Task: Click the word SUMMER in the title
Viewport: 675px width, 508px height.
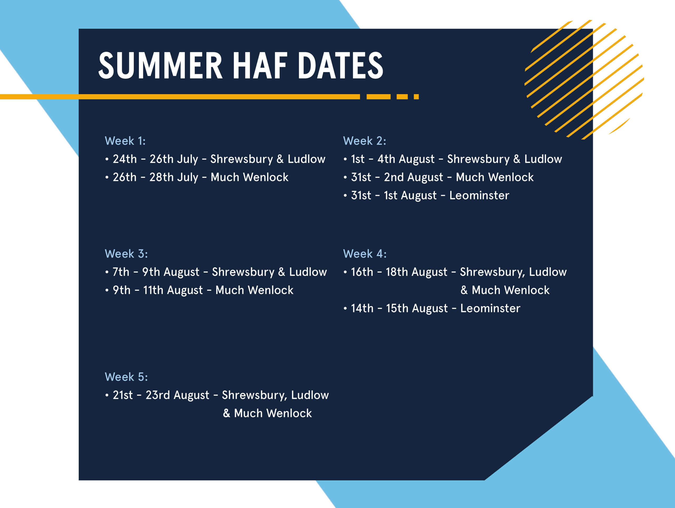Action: click(x=161, y=65)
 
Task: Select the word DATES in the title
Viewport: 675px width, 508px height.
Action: click(x=340, y=65)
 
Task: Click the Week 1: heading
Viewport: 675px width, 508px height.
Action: click(x=125, y=141)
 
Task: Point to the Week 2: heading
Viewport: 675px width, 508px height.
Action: click(x=365, y=141)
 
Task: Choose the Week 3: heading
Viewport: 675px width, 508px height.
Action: click(x=126, y=254)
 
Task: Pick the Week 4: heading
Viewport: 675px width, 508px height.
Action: click(x=365, y=254)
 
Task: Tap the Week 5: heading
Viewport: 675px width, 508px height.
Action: click(x=126, y=377)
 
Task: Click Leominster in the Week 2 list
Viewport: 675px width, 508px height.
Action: click(x=479, y=195)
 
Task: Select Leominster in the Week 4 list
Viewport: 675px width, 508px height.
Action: click(x=490, y=308)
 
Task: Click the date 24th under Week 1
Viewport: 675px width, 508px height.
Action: click(x=125, y=159)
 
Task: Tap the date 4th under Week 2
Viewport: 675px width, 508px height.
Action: click(x=386, y=159)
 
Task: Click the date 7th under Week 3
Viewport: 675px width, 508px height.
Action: click(x=121, y=272)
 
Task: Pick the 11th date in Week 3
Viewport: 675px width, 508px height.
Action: click(x=153, y=290)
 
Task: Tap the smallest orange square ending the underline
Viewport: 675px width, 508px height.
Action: click(x=416, y=97)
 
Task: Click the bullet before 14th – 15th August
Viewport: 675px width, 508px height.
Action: click(x=345, y=308)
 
